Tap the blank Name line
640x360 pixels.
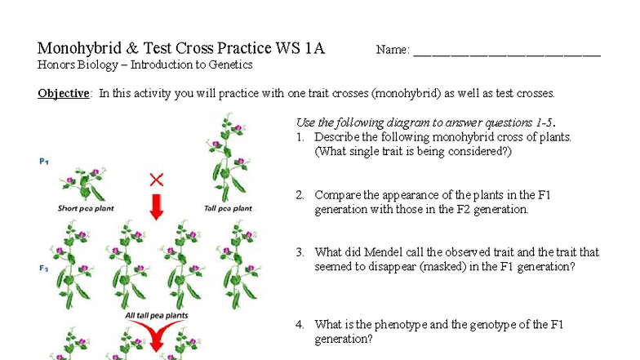[506, 52]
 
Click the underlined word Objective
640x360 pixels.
[64, 93]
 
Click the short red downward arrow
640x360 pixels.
[157, 207]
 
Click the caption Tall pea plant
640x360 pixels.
[228, 208]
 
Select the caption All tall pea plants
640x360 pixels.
[156, 315]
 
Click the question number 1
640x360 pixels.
[300, 137]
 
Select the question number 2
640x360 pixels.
[300, 195]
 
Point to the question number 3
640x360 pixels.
[300, 252]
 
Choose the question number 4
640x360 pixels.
[300, 325]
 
